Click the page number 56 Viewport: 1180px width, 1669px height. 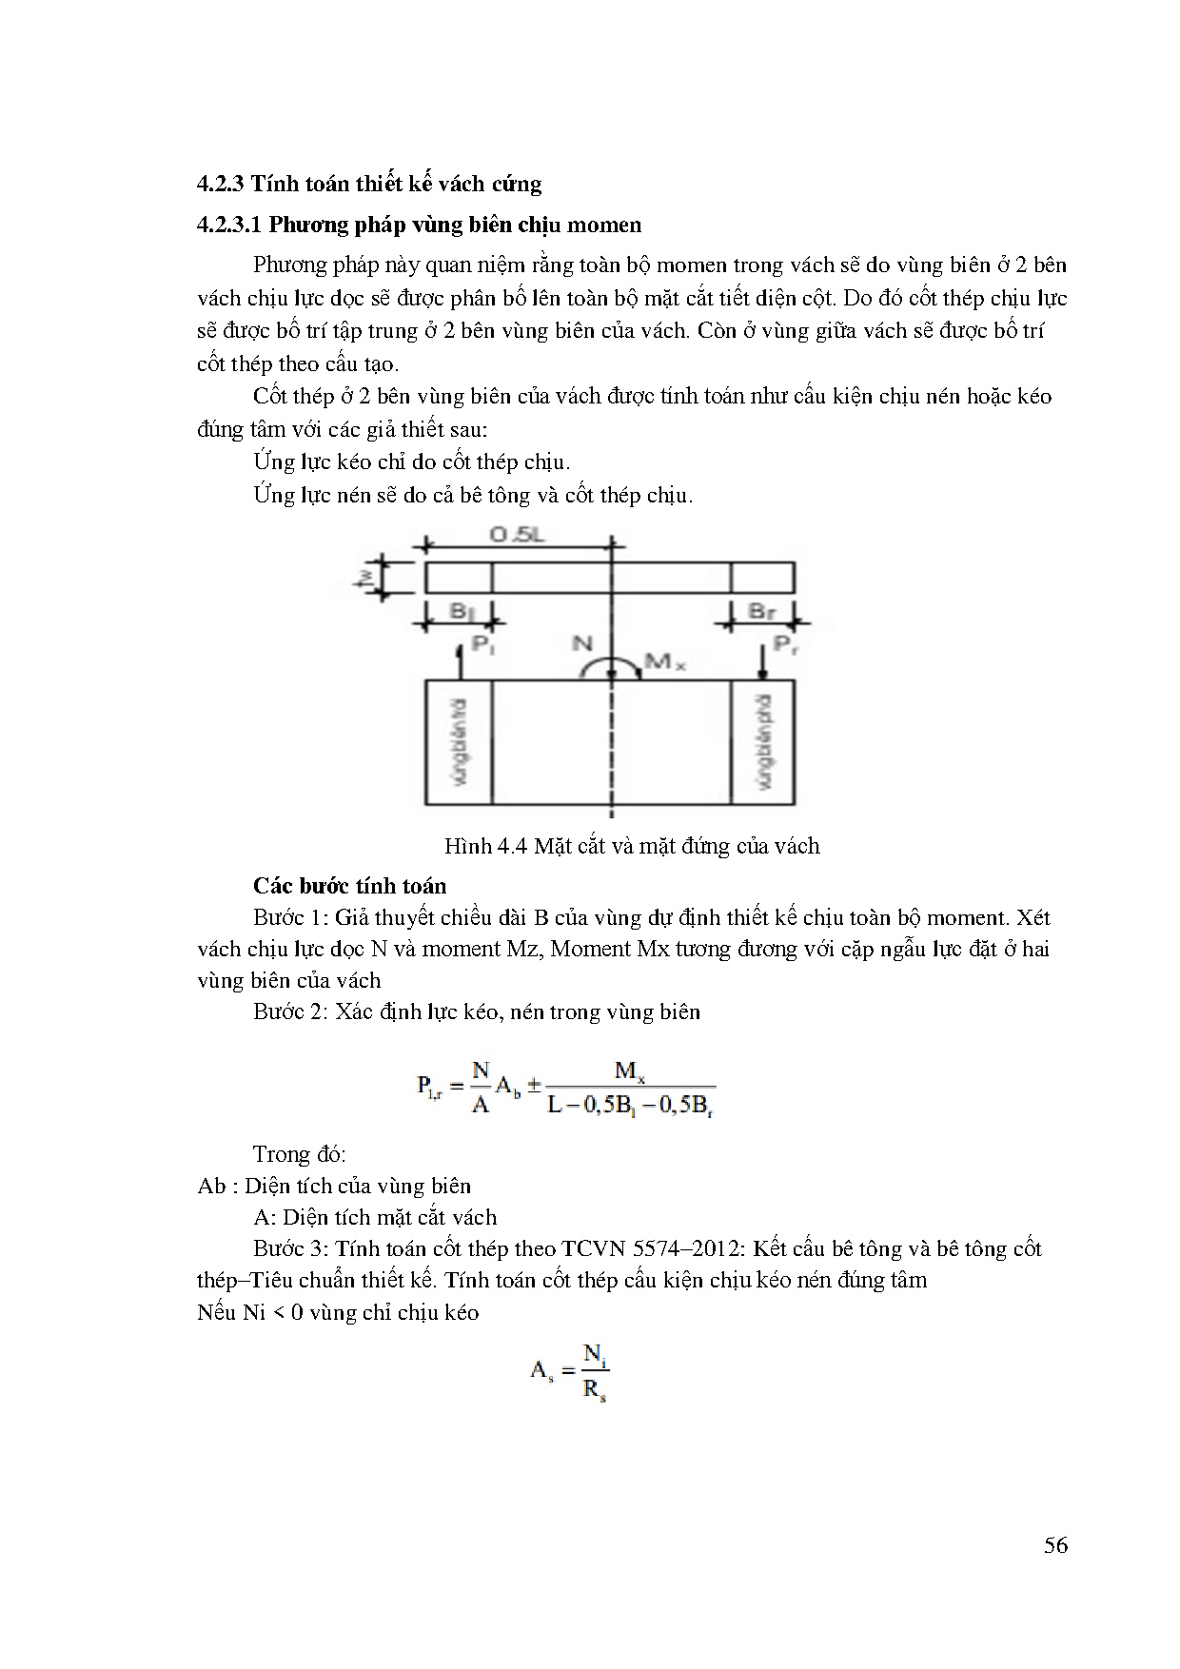pos(1055,1544)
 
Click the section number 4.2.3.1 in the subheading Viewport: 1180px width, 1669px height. pos(228,226)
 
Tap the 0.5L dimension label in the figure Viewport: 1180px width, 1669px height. pos(518,535)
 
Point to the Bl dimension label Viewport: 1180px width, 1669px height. pos(461,611)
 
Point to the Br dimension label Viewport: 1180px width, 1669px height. pos(761,611)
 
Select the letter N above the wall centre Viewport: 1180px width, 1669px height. pos(582,644)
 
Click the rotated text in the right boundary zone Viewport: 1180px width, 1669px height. pos(763,741)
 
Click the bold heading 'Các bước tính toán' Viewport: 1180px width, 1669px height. pos(349,886)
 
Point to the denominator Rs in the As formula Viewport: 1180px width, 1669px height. pos(595,1390)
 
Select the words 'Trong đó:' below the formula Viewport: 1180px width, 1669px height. pos(299,1154)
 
